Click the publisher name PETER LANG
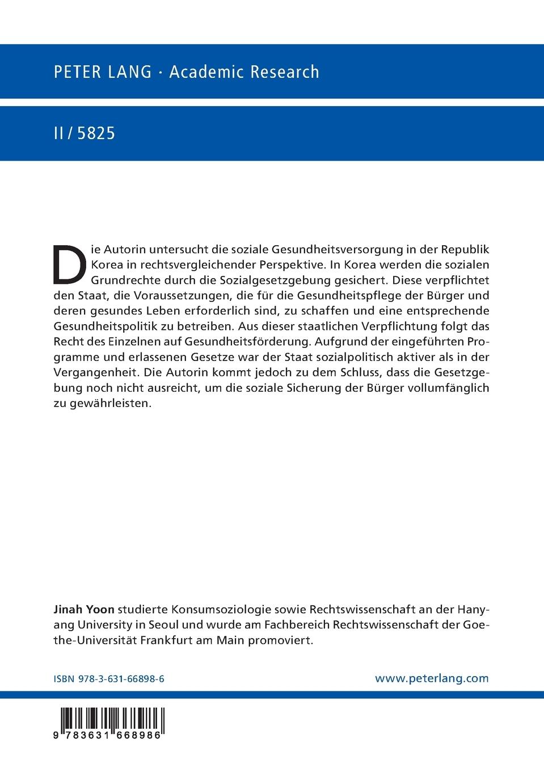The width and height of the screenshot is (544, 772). coord(103,72)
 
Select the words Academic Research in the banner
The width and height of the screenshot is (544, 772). coord(244,72)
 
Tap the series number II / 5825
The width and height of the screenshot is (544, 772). coord(84,133)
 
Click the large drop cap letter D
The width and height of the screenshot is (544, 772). coord(70,265)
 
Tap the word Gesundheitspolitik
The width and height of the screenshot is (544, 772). coord(104,326)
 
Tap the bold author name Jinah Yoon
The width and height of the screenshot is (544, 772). coord(84,610)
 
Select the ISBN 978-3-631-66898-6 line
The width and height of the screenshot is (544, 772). coord(109,678)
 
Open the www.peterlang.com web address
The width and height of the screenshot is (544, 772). coord(432,678)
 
